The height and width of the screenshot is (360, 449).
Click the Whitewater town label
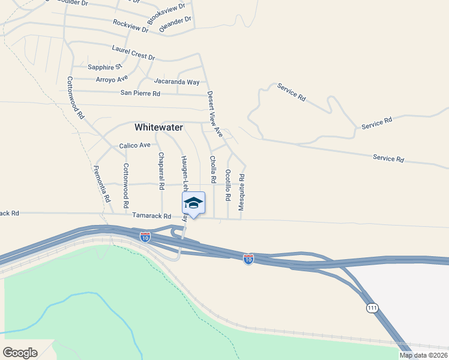[158, 127]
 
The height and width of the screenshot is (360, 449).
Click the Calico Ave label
[134, 146]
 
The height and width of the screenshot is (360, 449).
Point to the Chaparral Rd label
[161, 171]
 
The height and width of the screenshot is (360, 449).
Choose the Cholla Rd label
[212, 170]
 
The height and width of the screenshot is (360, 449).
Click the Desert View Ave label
[215, 114]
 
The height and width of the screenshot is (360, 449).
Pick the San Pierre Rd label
[140, 93]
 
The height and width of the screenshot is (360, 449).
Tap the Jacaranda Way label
[176, 81]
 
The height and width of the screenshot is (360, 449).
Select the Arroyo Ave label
[112, 79]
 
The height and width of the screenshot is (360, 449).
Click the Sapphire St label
[104, 67]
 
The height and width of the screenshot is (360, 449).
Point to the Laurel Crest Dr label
[133, 53]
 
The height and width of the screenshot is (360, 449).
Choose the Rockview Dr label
[130, 25]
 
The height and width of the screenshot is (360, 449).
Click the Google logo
[20, 353]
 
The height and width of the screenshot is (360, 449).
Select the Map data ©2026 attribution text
[424, 355]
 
